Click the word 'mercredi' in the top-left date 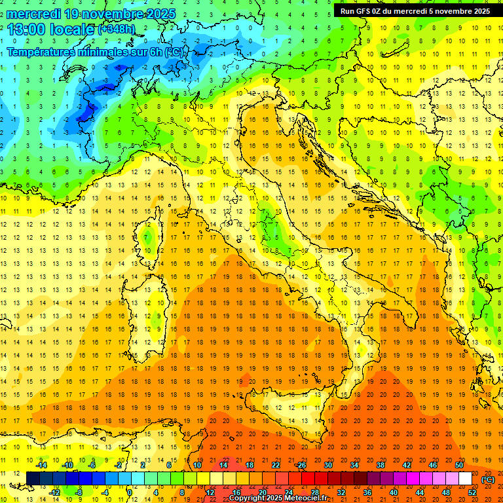pos(34,14)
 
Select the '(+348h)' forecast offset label pos(117,29)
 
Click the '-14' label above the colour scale pos(43,465)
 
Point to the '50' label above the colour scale pos(459,465)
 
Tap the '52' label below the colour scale pos(472,493)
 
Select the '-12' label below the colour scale pos(56,493)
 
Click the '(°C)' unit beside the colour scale pos(488,479)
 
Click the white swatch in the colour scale pos(465,478)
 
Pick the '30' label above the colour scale pos(327,465)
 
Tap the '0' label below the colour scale pos(130,493)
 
